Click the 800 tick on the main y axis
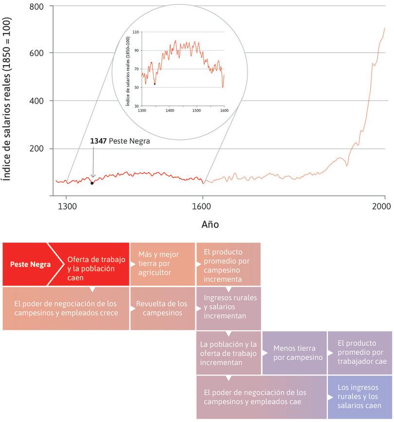point(38,7)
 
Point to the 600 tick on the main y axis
point(38,53)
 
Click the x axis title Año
point(210,225)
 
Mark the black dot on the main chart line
point(92,183)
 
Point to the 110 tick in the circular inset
point(136,32)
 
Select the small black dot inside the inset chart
point(155,84)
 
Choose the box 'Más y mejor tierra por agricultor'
point(162,264)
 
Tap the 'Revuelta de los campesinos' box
point(162,308)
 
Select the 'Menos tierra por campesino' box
point(294,352)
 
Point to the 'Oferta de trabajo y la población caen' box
point(96,268)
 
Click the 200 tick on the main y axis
point(38,149)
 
